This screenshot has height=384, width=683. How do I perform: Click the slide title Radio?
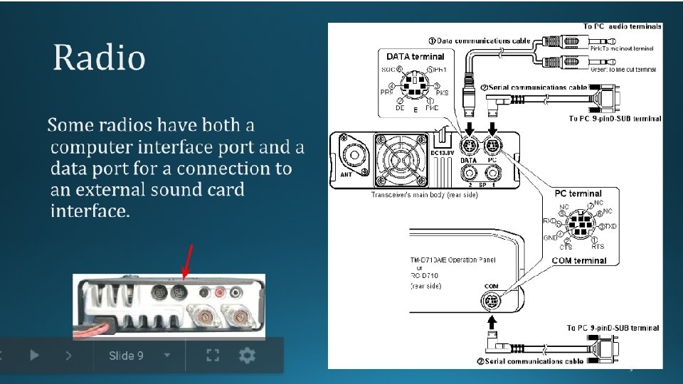coord(100,58)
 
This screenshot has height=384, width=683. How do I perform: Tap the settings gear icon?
coord(247,355)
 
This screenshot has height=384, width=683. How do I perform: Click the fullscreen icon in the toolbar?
coord(211,355)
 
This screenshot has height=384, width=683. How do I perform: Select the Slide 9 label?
coord(126,355)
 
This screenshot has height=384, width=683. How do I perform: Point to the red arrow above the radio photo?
coord(187,262)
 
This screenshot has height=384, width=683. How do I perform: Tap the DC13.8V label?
coord(443,152)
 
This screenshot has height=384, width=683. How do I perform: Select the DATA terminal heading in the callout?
coord(415,56)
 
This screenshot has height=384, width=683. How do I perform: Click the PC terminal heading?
coord(578,193)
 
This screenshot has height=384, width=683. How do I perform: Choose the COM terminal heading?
coord(579,260)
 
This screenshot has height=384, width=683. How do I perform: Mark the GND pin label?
coord(551,238)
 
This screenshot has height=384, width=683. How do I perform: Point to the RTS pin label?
coord(598,246)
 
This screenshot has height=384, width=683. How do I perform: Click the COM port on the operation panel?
coord(490,302)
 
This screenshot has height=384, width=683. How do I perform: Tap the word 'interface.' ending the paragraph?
coord(90,211)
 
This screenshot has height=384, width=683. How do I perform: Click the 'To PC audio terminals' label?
coord(622,26)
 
